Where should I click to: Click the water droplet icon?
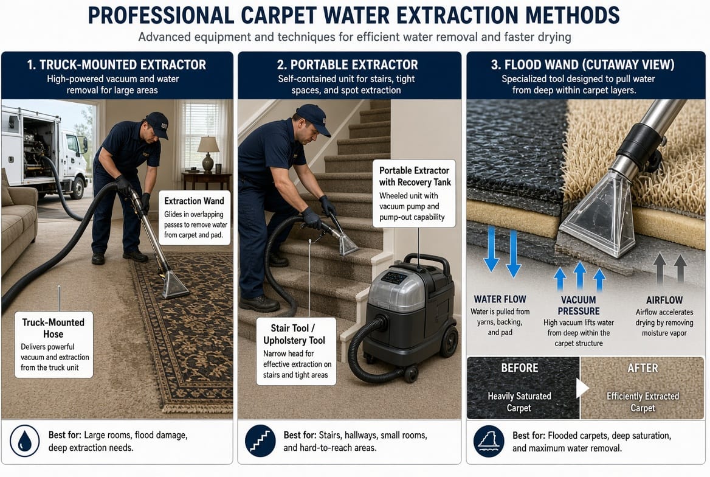[24, 440]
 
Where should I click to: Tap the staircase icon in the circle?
[260, 440]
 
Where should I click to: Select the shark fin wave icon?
[489, 441]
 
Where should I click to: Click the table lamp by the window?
[208, 154]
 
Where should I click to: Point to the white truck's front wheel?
[78, 188]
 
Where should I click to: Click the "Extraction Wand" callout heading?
[195, 201]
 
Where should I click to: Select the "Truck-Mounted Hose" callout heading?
[53, 329]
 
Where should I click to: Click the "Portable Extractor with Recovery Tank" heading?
[415, 176]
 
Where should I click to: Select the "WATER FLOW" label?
[500, 299]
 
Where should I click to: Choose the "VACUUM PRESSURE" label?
[579, 305]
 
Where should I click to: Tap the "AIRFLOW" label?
[664, 300]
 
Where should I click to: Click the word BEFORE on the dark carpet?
[519, 367]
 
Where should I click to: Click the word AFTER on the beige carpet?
[643, 368]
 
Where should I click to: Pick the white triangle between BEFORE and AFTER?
[582, 388]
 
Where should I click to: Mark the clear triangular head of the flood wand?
[600, 215]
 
